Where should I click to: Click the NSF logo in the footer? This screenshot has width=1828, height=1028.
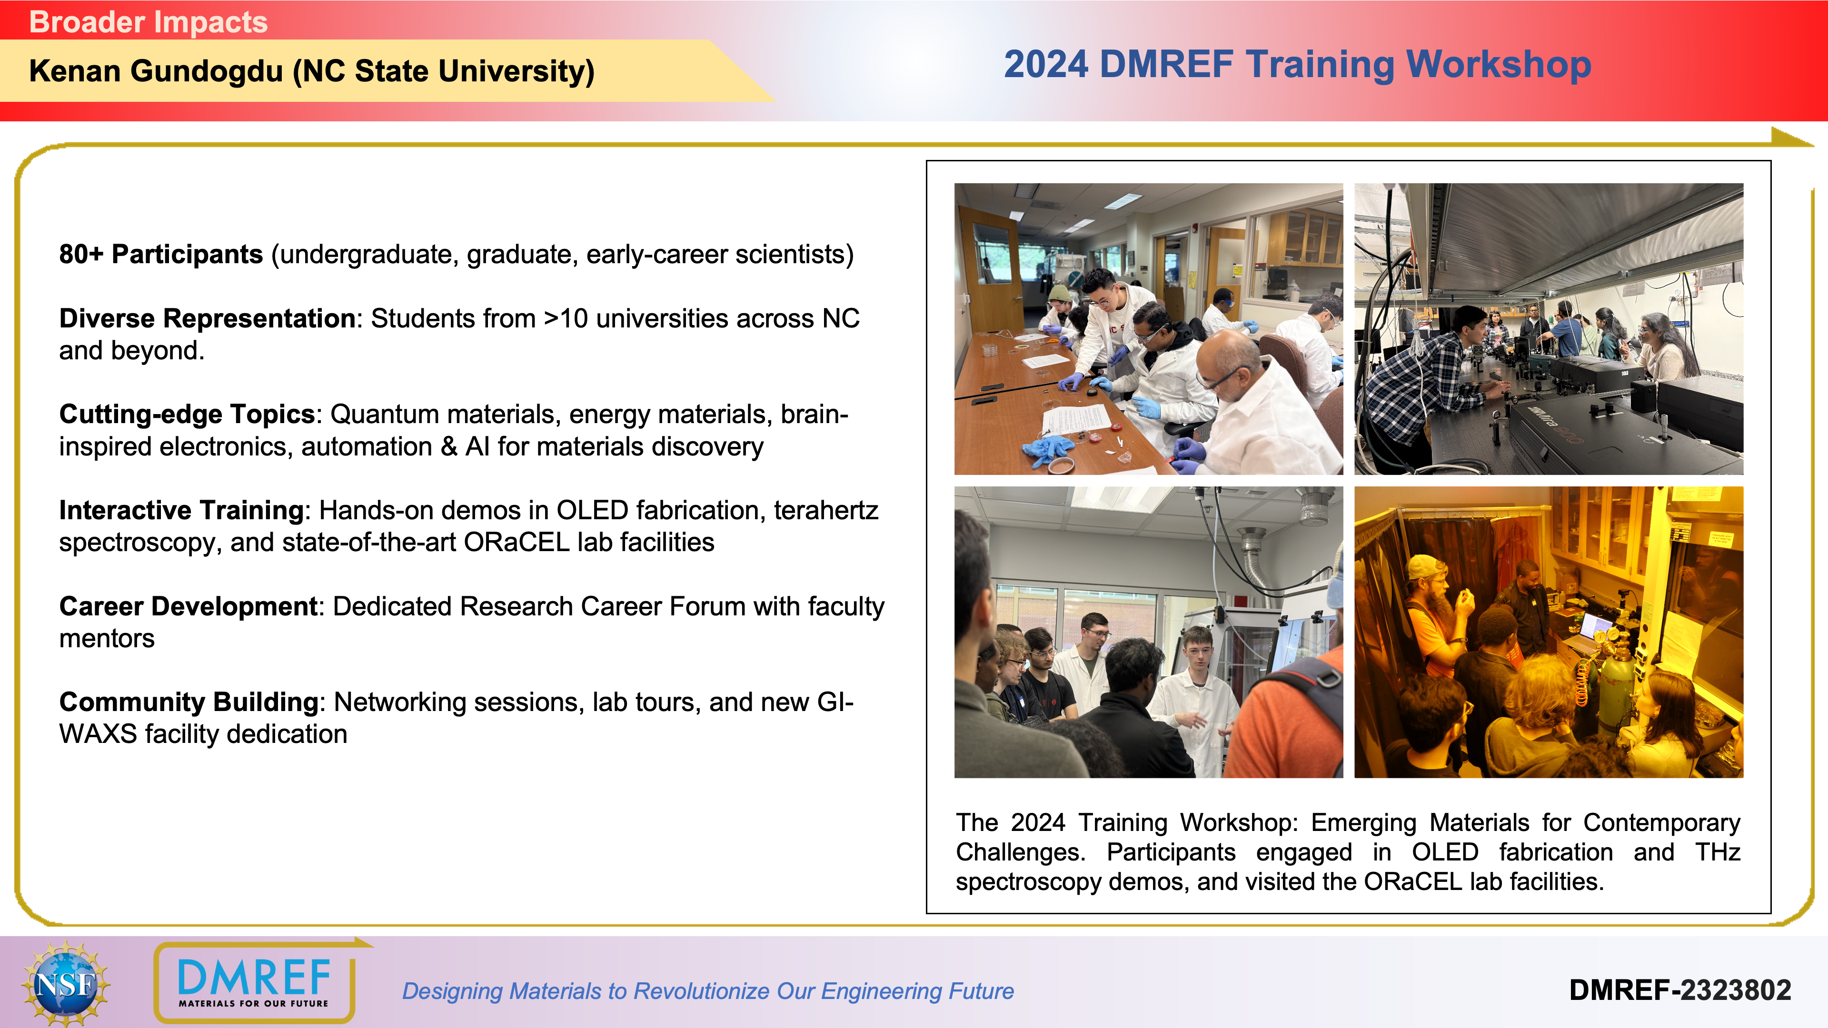(65, 983)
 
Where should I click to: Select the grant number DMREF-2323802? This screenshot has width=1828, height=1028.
(1679, 990)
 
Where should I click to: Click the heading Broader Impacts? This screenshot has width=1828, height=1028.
(149, 22)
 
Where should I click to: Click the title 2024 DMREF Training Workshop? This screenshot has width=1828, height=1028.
(1297, 65)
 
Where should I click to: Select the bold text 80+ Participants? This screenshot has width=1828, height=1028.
(161, 254)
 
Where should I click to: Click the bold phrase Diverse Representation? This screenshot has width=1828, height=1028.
(207, 318)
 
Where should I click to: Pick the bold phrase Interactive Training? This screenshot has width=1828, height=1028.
(182, 510)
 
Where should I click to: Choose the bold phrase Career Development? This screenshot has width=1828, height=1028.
(188, 607)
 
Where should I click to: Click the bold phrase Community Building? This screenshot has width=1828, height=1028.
(189, 702)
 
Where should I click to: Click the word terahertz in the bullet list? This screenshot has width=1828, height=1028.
(826, 511)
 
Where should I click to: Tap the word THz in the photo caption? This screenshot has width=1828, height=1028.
(1717, 852)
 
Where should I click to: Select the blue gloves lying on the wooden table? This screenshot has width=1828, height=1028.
(1050, 449)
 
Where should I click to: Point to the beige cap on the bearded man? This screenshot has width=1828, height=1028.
(1426, 568)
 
